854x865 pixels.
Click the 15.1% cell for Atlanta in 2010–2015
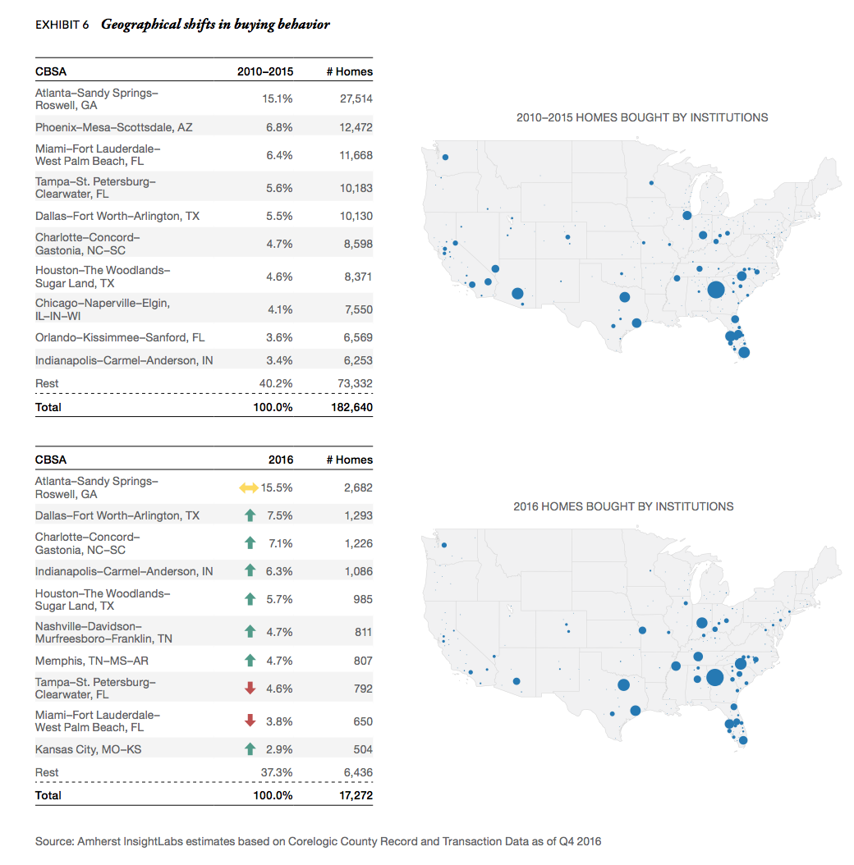(277, 99)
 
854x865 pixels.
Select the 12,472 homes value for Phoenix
(356, 127)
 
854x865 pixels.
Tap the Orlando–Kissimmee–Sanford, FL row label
(120, 337)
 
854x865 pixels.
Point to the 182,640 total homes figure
(350, 407)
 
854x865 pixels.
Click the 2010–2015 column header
(264, 71)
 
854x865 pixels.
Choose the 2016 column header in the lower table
(280, 460)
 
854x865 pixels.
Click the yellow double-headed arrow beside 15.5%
(249, 488)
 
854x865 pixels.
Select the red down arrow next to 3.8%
(251, 721)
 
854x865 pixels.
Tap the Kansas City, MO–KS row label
(88, 749)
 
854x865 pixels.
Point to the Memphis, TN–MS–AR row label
(92, 661)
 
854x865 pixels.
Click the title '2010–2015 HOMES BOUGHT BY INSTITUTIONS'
(642, 117)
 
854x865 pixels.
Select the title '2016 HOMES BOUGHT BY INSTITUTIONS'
(623, 506)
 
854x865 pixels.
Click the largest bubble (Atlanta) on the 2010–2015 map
(715, 289)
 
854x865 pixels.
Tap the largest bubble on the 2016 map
(714, 677)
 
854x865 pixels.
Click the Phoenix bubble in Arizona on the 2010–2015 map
(517, 293)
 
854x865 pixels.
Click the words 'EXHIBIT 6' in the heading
(62, 25)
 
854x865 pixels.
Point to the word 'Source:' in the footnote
(54, 841)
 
